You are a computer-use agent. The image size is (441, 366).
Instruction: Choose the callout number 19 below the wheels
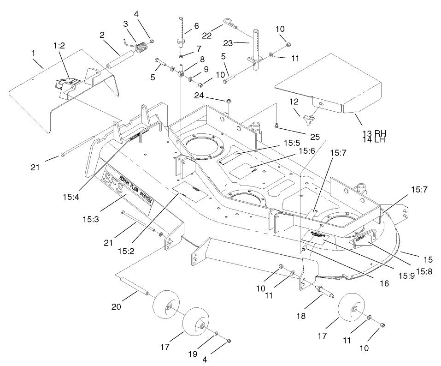click(x=193, y=354)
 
